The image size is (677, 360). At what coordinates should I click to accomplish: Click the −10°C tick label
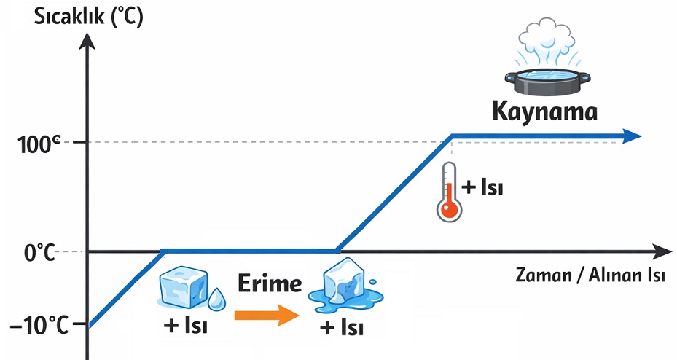point(39,325)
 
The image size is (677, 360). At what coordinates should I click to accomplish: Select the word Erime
point(268,283)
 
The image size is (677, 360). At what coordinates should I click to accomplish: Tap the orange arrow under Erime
point(267,315)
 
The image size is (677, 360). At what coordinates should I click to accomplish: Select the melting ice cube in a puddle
point(340,286)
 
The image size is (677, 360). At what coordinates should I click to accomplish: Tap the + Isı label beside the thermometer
point(482,187)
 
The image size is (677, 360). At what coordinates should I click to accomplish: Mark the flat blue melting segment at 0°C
point(248,251)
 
